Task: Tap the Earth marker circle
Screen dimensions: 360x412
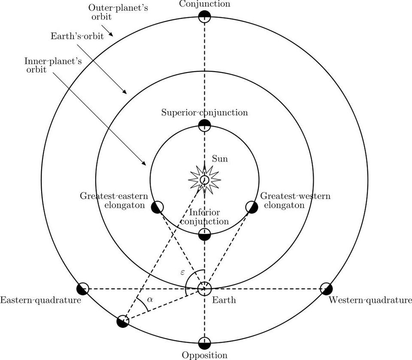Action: tap(205, 288)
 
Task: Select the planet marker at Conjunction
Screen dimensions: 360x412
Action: tap(205, 17)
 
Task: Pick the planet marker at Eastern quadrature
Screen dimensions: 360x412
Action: tap(82, 288)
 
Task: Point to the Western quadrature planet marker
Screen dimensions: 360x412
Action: tap(326, 288)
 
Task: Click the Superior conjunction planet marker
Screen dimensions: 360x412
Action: tap(205, 125)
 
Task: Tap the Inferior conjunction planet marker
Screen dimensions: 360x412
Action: tap(205, 234)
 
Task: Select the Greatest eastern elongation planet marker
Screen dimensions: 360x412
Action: tap(157, 207)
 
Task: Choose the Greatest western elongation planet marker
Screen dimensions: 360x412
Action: tap(251, 207)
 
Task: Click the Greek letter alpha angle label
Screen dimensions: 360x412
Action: tap(150, 299)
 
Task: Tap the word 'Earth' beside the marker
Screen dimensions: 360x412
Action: tap(224, 300)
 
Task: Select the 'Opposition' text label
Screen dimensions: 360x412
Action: tap(204, 355)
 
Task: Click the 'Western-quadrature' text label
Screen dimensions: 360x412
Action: tap(370, 300)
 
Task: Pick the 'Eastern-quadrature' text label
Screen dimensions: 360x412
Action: tap(41, 300)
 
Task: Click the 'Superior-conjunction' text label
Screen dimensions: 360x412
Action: tap(205, 113)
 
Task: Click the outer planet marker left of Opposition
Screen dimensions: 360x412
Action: tap(123, 321)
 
